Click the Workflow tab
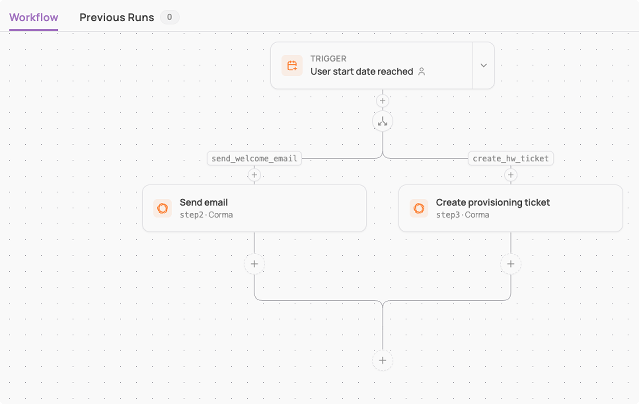pyautogui.click(x=34, y=18)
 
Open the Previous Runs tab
pyautogui.click(x=117, y=18)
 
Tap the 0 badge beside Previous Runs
pyautogui.click(x=170, y=17)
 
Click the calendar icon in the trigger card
pyautogui.click(x=292, y=65)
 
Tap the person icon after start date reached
pyautogui.click(x=421, y=71)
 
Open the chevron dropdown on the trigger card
pyautogui.click(x=483, y=65)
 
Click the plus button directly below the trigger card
pyautogui.click(x=382, y=101)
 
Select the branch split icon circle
pyautogui.click(x=382, y=121)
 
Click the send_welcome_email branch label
pyautogui.click(x=254, y=159)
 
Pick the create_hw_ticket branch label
pyautogui.click(x=511, y=159)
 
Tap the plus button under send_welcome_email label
pyautogui.click(x=254, y=175)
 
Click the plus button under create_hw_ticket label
pyautogui.click(x=511, y=175)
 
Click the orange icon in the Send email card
pyautogui.click(x=162, y=208)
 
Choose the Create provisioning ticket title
pyautogui.click(x=493, y=202)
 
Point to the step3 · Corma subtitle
pyautogui.click(x=463, y=215)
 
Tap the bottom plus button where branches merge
pyautogui.click(x=382, y=360)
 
